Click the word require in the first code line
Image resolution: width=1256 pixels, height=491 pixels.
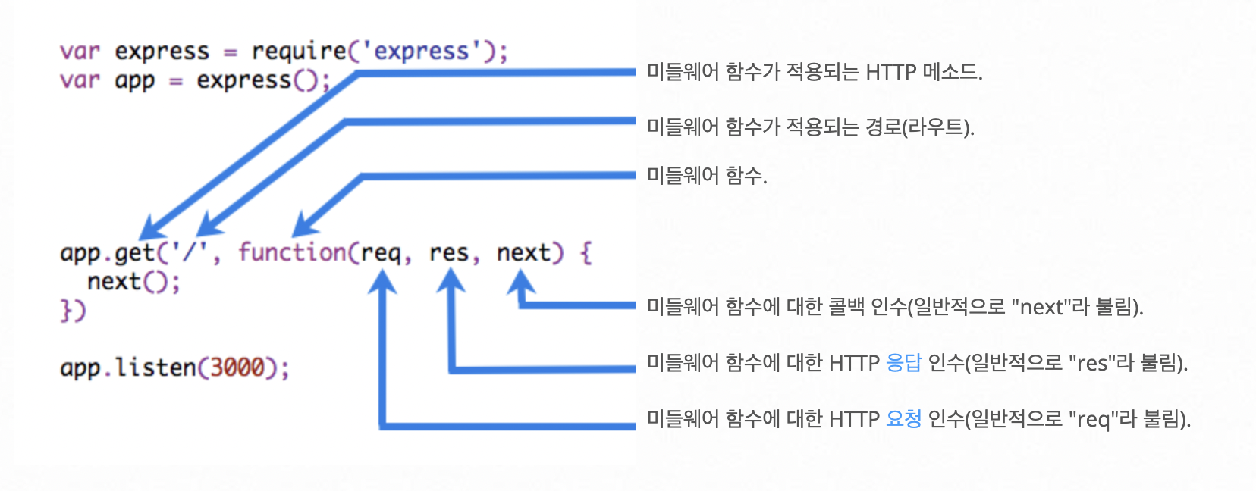coord(298,52)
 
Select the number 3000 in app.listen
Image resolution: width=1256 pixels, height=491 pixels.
coord(237,367)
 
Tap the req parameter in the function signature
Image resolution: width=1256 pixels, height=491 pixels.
coord(381,252)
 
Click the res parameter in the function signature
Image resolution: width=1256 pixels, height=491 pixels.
coord(448,252)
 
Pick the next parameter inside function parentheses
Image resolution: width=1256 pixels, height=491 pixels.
coord(523,252)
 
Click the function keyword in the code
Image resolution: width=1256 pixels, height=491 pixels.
coord(292,252)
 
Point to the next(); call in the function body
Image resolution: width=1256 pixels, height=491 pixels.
coord(133,282)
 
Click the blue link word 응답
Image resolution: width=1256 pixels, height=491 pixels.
coord(903,363)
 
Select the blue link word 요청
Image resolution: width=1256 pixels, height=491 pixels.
coord(903,418)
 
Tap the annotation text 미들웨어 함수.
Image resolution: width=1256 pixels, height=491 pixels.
coord(706,176)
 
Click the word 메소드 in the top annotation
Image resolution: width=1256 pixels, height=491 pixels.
coord(951,73)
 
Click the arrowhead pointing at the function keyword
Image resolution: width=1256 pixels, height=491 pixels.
coord(305,226)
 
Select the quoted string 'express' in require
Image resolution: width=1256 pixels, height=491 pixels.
coord(422,52)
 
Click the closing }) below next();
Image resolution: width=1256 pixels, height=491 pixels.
coord(74,311)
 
